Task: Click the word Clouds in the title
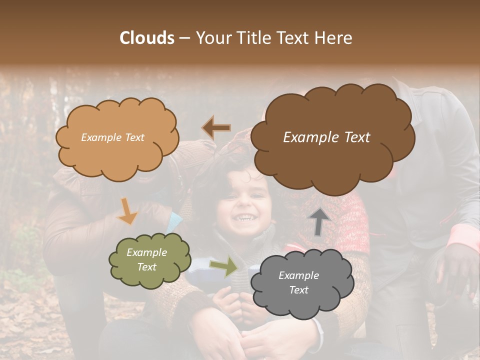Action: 146,38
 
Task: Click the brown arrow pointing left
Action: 216,128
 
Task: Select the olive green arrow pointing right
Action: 223,266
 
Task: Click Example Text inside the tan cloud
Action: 112,137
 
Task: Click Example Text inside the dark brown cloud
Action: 326,137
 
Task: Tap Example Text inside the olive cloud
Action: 147,259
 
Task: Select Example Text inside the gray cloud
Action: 298,282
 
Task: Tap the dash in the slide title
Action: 183,38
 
